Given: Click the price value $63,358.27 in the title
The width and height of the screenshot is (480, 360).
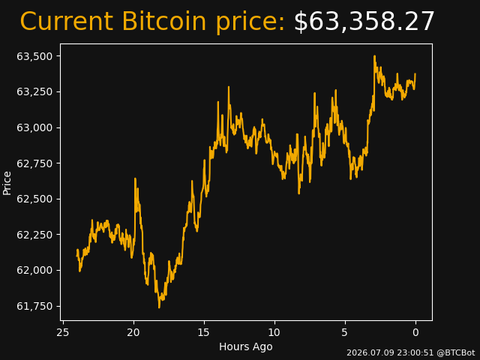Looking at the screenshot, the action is (x=364, y=22).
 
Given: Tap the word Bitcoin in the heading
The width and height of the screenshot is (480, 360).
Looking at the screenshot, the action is (x=164, y=21).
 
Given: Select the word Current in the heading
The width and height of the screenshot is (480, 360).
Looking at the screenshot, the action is (x=66, y=21).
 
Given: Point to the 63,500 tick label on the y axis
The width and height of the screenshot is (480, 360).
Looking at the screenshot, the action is (x=34, y=56).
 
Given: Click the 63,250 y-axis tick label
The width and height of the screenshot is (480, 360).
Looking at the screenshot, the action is (x=34, y=91).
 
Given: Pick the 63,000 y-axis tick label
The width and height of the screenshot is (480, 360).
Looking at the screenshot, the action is (x=34, y=127).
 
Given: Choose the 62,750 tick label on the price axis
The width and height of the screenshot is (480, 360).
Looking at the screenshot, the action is (x=34, y=163).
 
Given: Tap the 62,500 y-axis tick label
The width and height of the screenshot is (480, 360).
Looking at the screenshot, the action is (x=34, y=199).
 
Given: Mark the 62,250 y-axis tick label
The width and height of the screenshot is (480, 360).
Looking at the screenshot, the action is (x=34, y=235).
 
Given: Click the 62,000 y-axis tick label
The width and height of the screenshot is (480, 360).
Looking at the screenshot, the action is (x=34, y=270).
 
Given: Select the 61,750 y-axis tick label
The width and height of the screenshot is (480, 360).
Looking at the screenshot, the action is (x=34, y=306).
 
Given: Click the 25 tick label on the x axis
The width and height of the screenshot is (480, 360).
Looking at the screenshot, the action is (x=63, y=332).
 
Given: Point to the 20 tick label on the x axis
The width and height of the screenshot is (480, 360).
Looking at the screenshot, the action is (x=133, y=332).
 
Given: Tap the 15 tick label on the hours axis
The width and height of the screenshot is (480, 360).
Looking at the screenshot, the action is (x=204, y=332).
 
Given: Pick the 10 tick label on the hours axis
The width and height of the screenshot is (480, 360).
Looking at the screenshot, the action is (x=274, y=332).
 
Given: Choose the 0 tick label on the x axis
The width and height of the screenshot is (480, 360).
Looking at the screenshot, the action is (x=415, y=332).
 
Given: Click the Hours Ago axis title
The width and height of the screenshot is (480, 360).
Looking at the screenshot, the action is (x=246, y=346).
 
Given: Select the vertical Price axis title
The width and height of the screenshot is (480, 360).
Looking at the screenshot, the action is (x=7, y=183).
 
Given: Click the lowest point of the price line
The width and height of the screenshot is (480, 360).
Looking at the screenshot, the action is (x=159, y=307).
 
